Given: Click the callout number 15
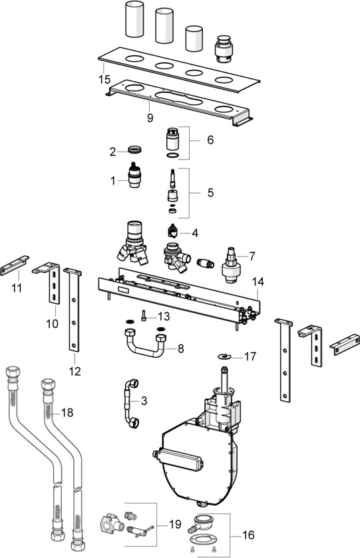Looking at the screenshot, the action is [104, 79].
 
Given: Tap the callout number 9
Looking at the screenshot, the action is [150, 118].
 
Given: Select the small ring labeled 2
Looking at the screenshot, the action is [134, 150].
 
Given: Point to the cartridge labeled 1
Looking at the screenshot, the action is [134, 175].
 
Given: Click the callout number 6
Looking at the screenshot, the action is [210, 140].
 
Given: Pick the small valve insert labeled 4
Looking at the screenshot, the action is [173, 231].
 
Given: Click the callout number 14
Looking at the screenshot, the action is [258, 282].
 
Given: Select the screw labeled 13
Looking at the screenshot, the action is [144, 315].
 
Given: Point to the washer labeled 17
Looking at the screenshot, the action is [225, 356].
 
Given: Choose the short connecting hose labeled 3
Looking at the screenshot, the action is [130, 402].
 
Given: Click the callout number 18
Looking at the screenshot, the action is [67, 412].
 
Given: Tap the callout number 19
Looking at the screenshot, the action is [175, 524].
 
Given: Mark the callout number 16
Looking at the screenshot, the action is [248, 535].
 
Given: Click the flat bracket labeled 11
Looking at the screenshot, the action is [15, 265].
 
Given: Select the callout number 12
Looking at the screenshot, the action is [75, 371].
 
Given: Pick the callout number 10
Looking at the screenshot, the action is [53, 323].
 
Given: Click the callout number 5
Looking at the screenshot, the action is [210, 192].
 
